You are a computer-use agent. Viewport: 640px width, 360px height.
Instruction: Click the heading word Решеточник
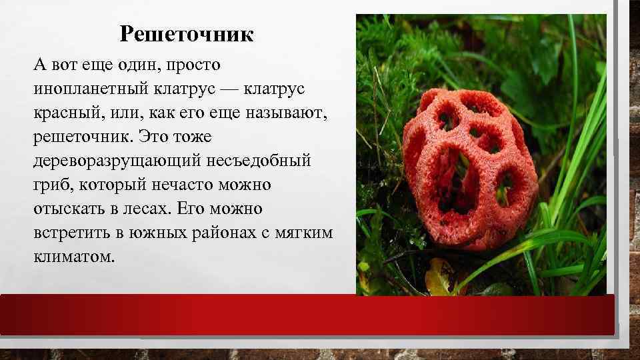click(187, 33)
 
